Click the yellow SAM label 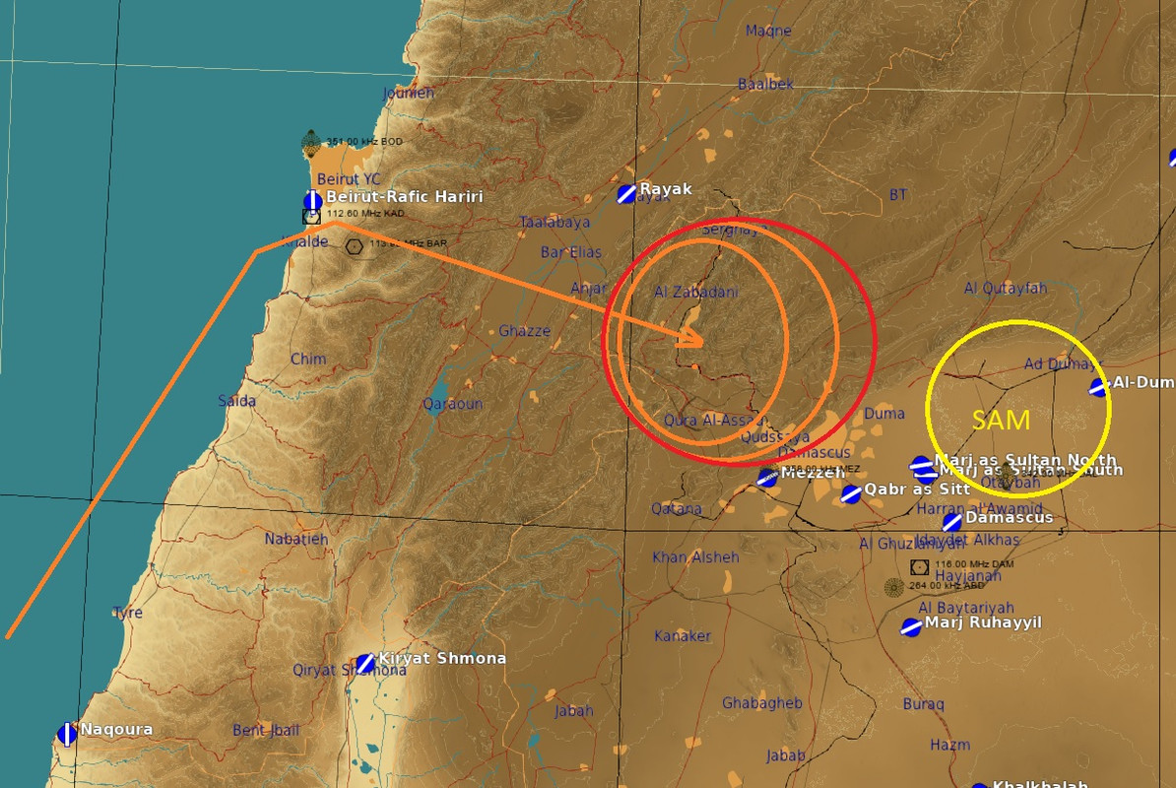(1001, 420)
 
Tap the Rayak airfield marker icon (625, 194)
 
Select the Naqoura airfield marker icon (67, 733)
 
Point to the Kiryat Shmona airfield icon (365, 663)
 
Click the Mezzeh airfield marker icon (767, 478)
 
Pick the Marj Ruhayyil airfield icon (911, 626)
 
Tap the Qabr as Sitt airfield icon (851, 493)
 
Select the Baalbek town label (765, 85)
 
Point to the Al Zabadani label (695, 293)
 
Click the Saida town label (236, 401)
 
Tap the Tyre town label (127, 612)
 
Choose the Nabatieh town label (295, 539)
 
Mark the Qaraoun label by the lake (452, 404)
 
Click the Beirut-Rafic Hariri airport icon (312, 201)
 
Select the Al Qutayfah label (1005, 288)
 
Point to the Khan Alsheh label (695, 558)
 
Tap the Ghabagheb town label (761, 703)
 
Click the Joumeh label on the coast (408, 94)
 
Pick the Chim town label (308, 359)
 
